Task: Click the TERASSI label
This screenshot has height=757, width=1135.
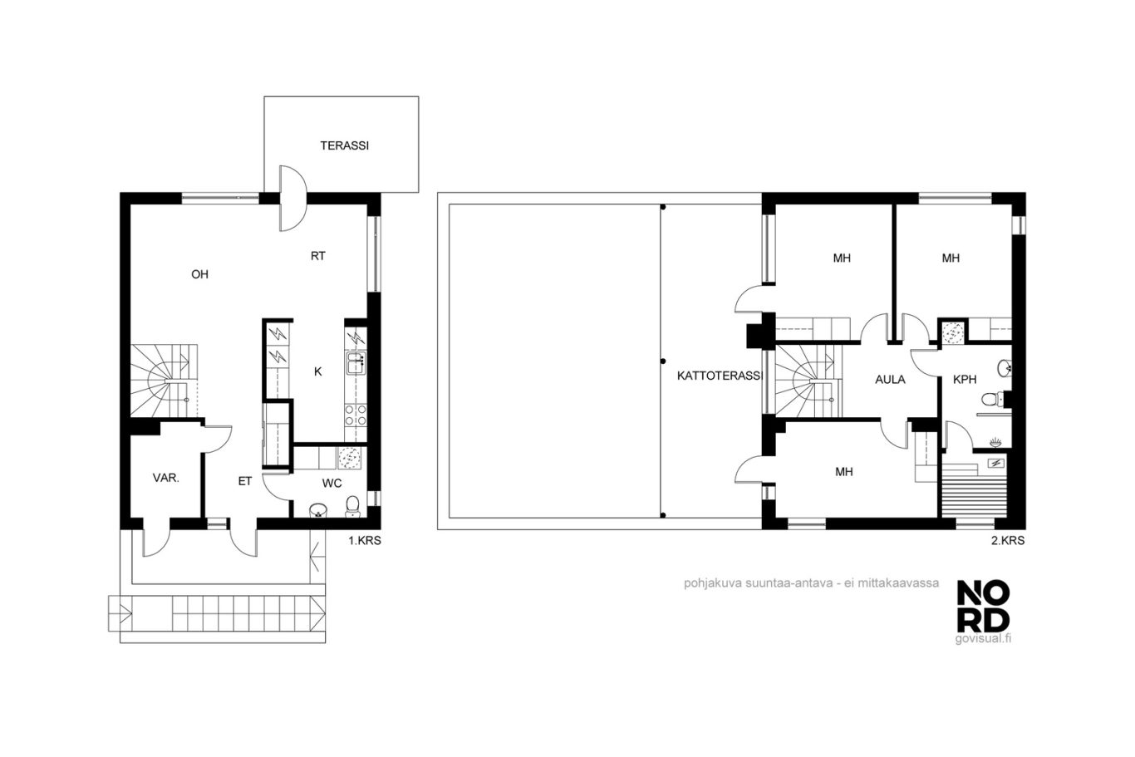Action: (x=345, y=146)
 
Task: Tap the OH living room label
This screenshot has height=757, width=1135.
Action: (x=199, y=274)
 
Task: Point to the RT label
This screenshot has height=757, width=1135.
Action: (x=317, y=257)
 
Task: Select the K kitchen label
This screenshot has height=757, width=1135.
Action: (x=317, y=372)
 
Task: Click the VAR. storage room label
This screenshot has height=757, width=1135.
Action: (x=166, y=478)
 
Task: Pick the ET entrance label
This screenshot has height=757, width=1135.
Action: (x=245, y=481)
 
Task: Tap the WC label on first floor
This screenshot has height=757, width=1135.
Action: (x=332, y=484)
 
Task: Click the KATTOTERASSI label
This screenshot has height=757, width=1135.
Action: (x=720, y=376)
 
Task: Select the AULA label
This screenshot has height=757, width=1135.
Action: (x=890, y=380)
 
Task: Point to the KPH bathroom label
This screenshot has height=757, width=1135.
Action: (x=965, y=380)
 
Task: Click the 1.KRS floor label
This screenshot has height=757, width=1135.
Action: (x=365, y=541)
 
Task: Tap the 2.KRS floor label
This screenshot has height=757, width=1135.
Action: (x=1008, y=541)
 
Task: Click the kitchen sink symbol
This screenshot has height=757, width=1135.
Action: (x=356, y=363)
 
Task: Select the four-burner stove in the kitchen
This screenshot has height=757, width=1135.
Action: (x=356, y=415)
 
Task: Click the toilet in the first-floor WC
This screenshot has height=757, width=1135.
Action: (x=352, y=507)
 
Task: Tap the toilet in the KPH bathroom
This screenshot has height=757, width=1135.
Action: (x=991, y=400)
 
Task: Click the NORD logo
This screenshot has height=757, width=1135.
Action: (x=983, y=607)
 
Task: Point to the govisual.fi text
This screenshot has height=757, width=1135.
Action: (x=983, y=639)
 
